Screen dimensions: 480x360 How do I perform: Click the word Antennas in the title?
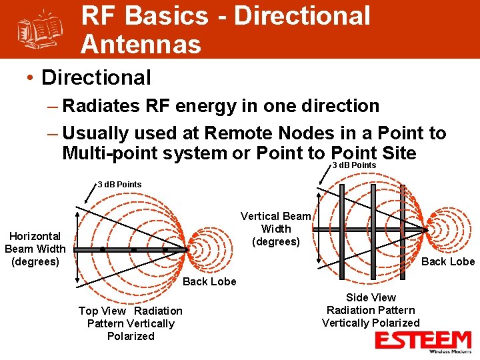[x=141, y=45]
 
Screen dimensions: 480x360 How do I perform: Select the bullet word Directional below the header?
[x=96, y=77]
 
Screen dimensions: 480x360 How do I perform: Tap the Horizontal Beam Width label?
[x=35, y=249]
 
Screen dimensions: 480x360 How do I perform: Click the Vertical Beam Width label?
[x=276, y=229]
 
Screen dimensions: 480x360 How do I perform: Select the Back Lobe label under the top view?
[x=209, y=281]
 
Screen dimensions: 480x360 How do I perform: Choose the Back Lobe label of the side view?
[x=448, y=261]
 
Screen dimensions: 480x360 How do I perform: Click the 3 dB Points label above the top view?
[x=120, y=184]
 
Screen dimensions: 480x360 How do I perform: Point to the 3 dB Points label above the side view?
[x=354, y=165]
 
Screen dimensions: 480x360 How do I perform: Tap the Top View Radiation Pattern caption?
[x=130, y=323]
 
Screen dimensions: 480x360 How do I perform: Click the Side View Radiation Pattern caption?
[x=371, y=310]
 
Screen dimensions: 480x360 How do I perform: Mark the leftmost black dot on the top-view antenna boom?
[x=102, y=249]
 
